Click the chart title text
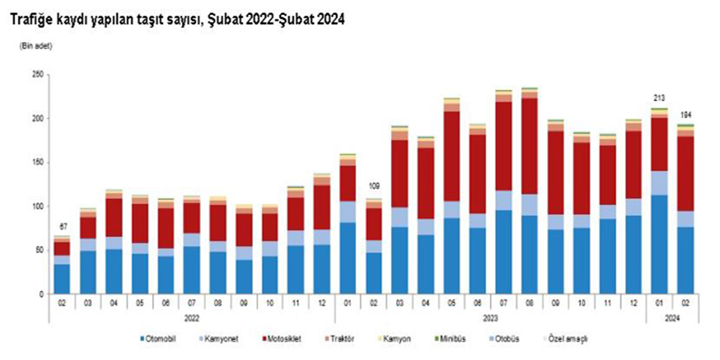(177, 20)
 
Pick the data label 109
(373, 186)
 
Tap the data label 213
(659, 98)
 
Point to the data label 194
(685, 115)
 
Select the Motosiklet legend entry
(282, 339)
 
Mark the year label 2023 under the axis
(490, 319)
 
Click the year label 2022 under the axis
(191, 319)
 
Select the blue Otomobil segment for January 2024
(659, 244)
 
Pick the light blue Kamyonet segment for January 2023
(347, 212)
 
